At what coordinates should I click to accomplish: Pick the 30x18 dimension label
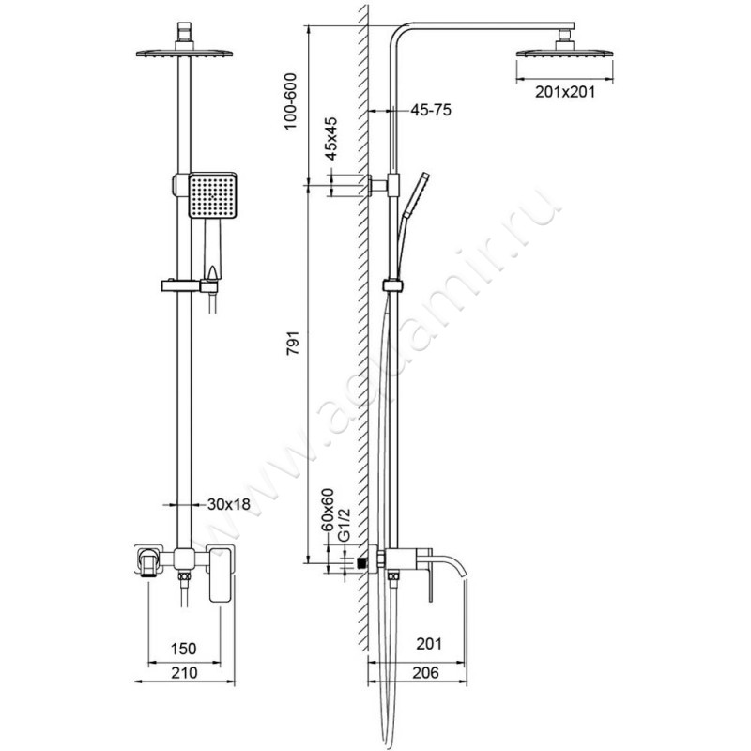[231, 503]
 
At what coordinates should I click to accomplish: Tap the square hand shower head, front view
[211, 194]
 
